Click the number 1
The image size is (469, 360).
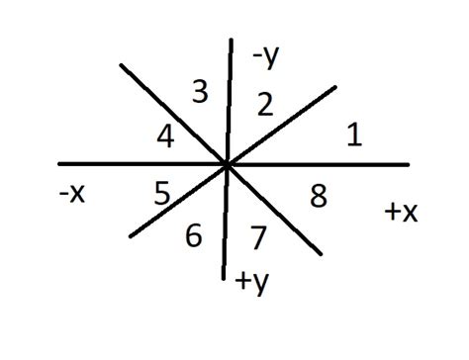(353, 135)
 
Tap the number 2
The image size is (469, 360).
(264, 104)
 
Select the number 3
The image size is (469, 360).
(200, 94)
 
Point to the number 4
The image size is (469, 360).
(166, 136)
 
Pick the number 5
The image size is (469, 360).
(163, 192)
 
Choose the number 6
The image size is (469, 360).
(194, 235)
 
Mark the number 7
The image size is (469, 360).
(258, 236)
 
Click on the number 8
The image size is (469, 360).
(319, 197)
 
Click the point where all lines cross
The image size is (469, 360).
(228, 164)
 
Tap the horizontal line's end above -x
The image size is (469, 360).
(59, 163)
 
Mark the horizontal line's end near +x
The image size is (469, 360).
(408, 163)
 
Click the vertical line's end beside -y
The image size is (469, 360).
(231, 40)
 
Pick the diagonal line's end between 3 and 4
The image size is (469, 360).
(121, 65)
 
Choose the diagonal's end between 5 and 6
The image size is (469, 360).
(130, 236)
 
